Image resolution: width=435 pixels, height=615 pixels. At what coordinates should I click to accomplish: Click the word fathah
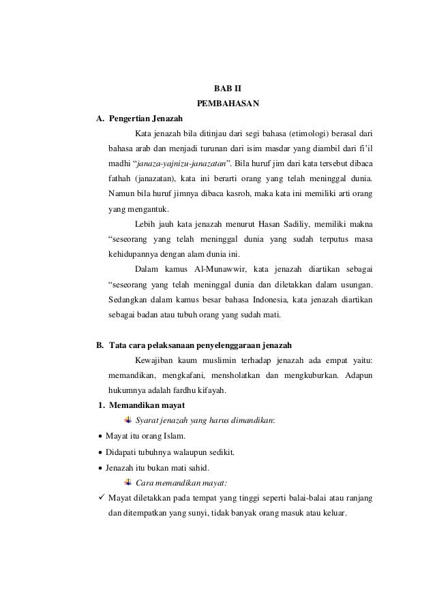coord(120,179)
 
